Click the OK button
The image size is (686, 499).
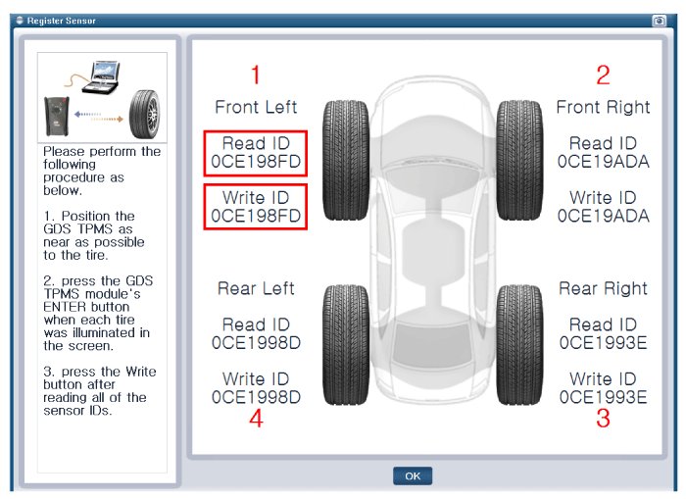click(x=413, y=475)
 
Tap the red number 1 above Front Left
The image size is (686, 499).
click(x=256, y=75)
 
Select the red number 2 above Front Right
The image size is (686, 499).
click(x=603, y=75)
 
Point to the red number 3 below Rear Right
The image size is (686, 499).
click(x=603, y=418)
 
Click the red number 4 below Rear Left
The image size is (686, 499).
click(x=256, y=418)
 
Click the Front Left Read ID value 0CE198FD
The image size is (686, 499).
click(x=256, y=162)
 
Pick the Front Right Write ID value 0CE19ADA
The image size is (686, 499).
click(x=603, y=216)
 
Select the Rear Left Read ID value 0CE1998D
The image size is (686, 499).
click(x=256, y=343)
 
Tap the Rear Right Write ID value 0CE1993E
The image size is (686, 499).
click(x=603, y=397)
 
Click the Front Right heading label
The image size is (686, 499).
click(x=603, y=107)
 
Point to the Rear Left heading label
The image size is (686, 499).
click(x=256, y=288)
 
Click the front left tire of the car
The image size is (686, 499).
click(x=346, y=160)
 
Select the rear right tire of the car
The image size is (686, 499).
click(x=519, y=345)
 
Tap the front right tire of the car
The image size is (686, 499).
click(x=519, y=160)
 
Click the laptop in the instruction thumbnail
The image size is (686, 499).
click(x=102, y=77)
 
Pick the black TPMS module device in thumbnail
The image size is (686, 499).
click(x=57, y=117)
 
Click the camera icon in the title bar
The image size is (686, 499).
click(x=659, y=21)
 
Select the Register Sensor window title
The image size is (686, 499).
click(x=61, y=21)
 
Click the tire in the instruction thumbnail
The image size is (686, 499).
click(x=144, y=115)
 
